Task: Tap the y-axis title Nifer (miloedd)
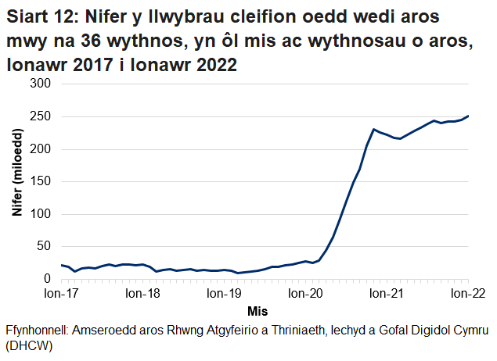tap(17, 181)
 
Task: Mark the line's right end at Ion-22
tap(468, 116)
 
